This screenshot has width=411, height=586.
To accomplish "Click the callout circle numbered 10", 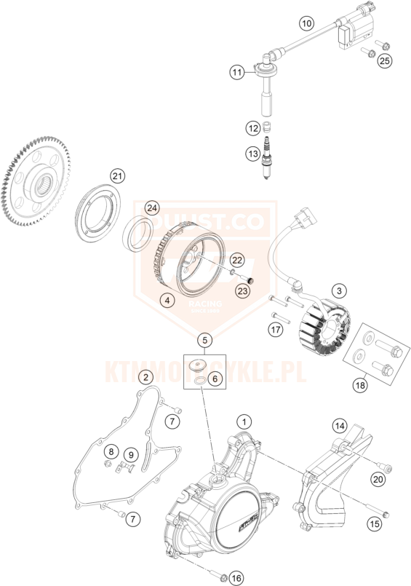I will [306, 24].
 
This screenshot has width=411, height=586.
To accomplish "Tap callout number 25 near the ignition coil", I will [384, 61].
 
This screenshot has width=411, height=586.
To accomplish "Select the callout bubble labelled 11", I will [236, 73].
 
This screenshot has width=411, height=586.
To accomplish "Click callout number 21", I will [118, 175].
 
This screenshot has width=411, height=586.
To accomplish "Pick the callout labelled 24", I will [151, 207].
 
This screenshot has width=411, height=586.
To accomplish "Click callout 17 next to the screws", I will [275, 330].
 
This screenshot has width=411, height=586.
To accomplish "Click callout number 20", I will [378, 478].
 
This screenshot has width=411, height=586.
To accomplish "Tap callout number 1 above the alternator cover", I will [245, 421].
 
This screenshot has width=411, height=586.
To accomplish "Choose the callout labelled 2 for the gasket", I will [146, 376].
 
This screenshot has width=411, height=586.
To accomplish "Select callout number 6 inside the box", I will [215, 379].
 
